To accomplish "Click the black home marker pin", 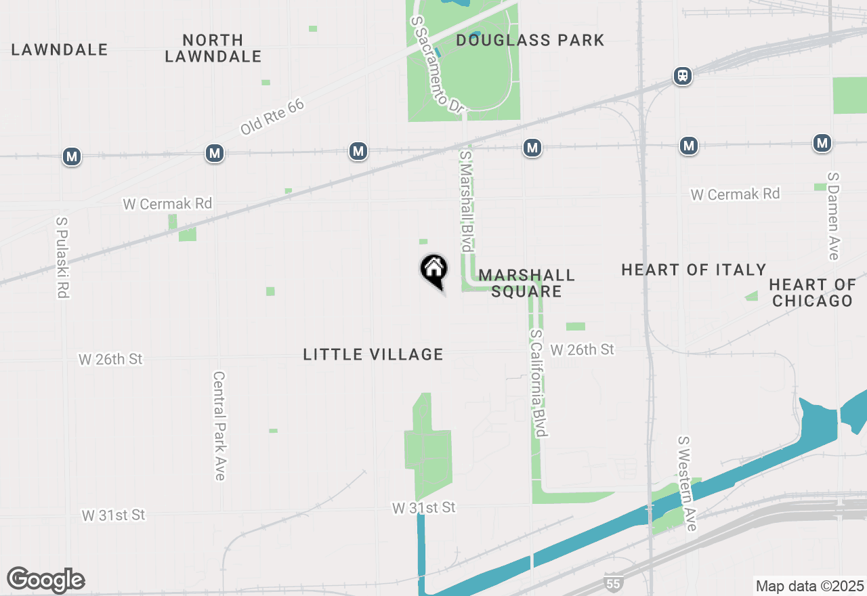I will pyautogui.click(x=434, y=270).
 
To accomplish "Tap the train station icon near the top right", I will pyautogui.click(x=682, y=75).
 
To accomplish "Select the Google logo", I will pyautogui.click(x=45, y=580).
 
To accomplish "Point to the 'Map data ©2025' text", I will pyautogui.click(x=809, y=586).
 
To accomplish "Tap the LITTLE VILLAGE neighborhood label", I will pyautogui.click(x=373, y=354).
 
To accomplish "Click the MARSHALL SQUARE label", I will pyautogui.click(x=526, y=283).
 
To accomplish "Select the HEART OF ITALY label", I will pyautogui.click(x=694, y=270).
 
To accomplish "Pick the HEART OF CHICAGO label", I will pyautogui.click(x=812, y=293).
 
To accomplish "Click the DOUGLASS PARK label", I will pyautogui.click(x=530, y=41).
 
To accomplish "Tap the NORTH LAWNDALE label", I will pyautogui.click(x=213, y=48).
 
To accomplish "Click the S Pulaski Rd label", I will pyautogui.click(x=63, y=257).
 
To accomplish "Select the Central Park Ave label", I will pyautogui.click(x=219, y=425).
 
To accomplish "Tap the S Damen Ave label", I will pyautogui.click(x=833, y=216).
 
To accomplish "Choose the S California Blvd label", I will pyautogui.click(x=538, y=383).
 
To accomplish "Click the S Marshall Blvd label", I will pyautogui.click(x=466, y=201).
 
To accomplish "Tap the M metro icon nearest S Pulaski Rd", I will pyautogui.click(x=71, y=157).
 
